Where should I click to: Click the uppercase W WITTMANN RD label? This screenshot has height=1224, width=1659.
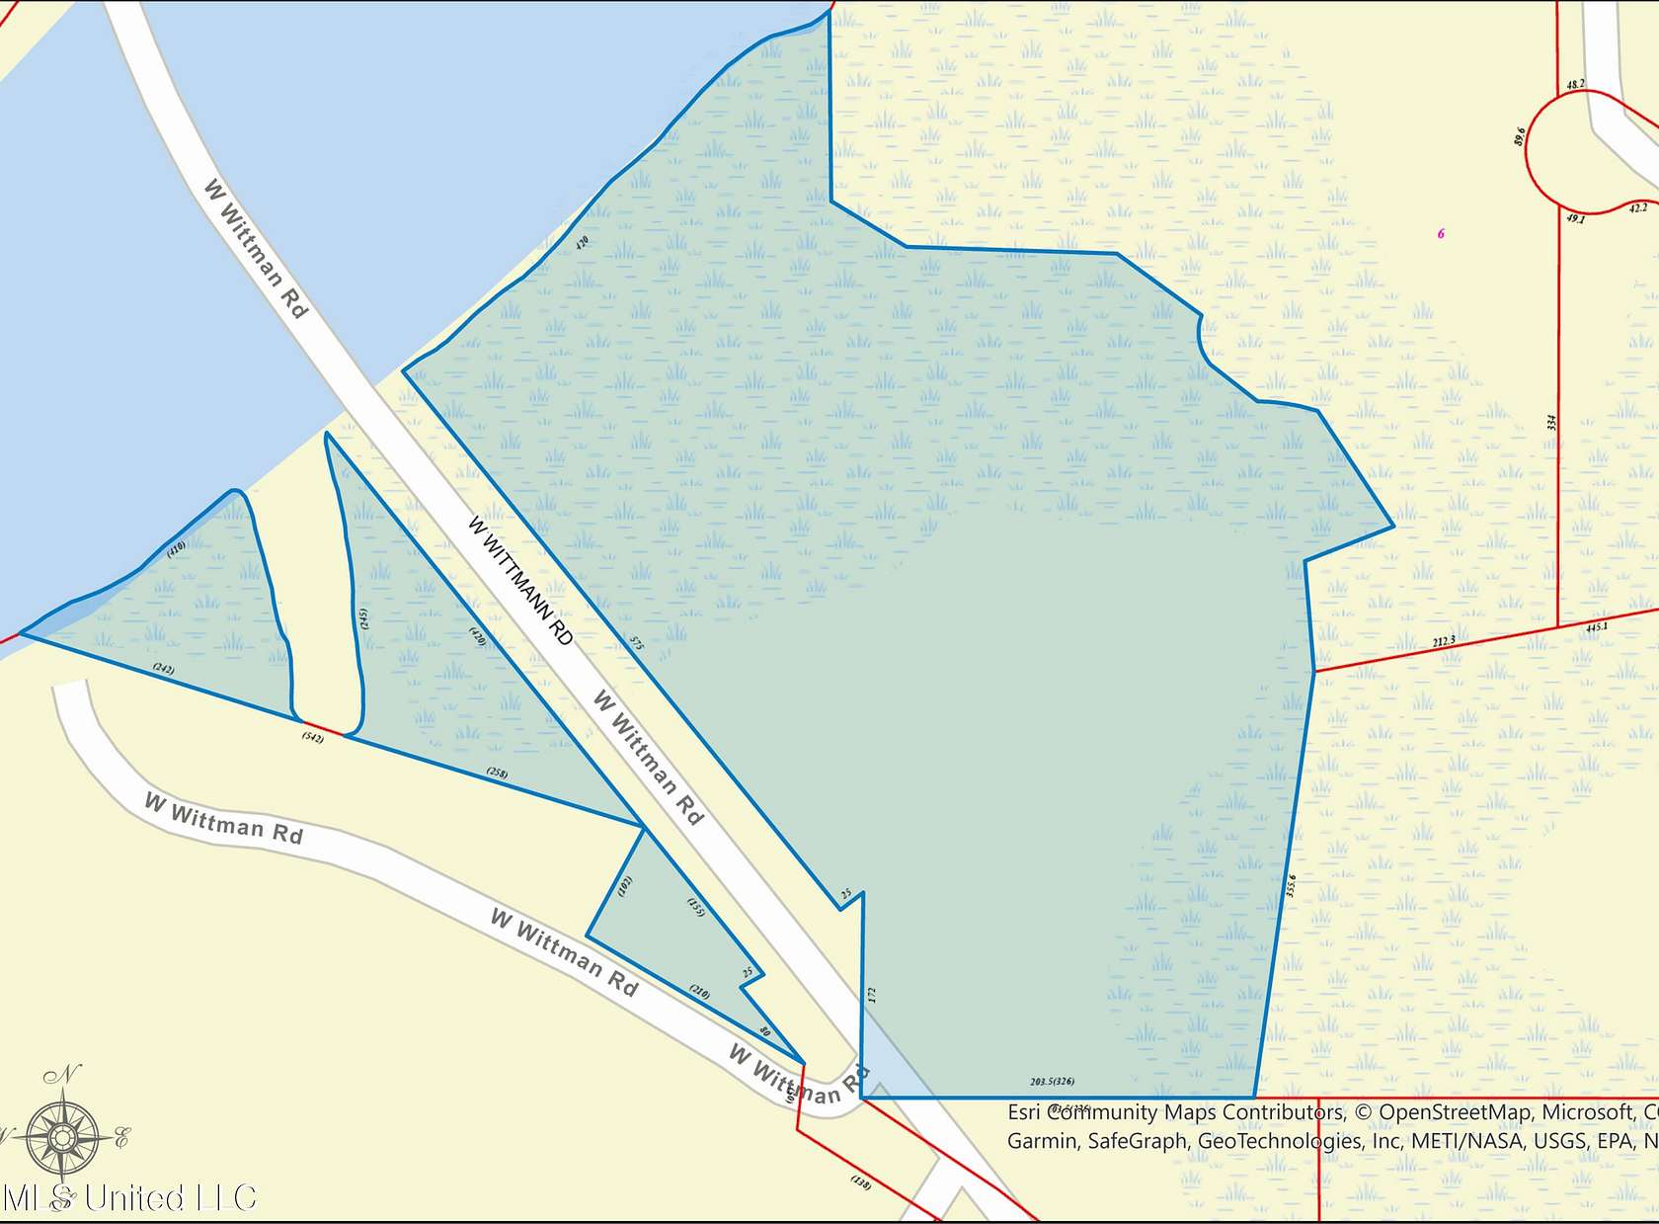pyautogui.click(x=519, y=580)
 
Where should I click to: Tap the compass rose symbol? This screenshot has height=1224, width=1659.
pyautogui.click(x=62, y=1136)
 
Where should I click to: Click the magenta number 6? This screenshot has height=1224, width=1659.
pyautogui.click(x=1441, y=234)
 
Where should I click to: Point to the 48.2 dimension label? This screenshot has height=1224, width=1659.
pyautogui.click(x=1575, y=84)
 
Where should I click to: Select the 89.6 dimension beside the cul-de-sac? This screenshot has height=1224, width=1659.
pyautogui.click(x=1520, y=135)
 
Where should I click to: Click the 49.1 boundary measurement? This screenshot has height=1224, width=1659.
pyautogui.click(x=1575, y=218)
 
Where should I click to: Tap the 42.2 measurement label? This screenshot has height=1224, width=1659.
pyautogui.click(x=1638, y=208)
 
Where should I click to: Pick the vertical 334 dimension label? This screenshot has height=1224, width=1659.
pyautogui.click(x=1551, y=423)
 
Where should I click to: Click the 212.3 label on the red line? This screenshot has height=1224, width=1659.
pyautogui.click(x=1444, y=642)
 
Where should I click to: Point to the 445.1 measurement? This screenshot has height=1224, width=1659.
pyautogui.click(x=1597, y=627)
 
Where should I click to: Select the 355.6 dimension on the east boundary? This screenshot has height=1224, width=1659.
pyautogui.click(x=1291, y=885)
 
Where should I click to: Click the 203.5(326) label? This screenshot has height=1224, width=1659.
pyautogui.click(x=1052, y=1082)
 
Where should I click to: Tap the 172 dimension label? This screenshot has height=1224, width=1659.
pyautogui.click(x=872, y=995)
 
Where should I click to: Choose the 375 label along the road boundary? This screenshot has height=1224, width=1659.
pyautogui.click(x=637, y=643)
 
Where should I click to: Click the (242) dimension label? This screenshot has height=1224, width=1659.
pyautogui.click(x=164, y=669)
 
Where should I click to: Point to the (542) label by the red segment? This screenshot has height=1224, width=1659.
pyautogui.click(x=313, y=738)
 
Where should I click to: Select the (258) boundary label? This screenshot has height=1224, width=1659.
pyautogui.click(x=497, y=773)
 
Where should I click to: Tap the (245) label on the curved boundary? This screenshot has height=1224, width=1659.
pyautogui.click(x=364, y=619)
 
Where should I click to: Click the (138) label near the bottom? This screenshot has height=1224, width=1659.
pyautogui.click(x=861, y=1182)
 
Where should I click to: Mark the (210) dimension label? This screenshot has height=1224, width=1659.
pyautogui.click(x=699, y=992)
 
